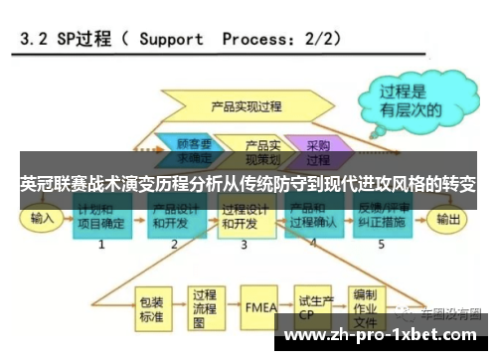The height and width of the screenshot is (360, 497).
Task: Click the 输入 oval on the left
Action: point(42,218)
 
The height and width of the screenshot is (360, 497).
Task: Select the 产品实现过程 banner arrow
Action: point(248,103)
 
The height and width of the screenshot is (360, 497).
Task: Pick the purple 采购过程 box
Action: point(317,148)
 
